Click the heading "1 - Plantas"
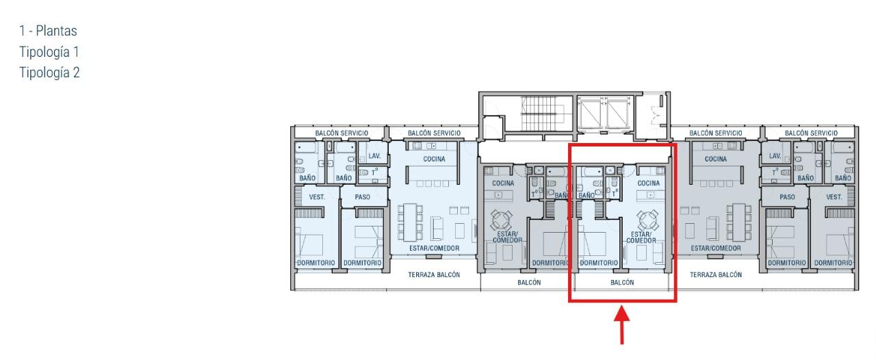click(x=48, y=31)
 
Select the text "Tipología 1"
click(x=49, y=52)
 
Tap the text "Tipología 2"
click(x=49, y=73)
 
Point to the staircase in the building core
click(x=539, y=113)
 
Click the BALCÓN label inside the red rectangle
click(x=622, y=282)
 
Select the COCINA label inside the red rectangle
click(x=648, y=183)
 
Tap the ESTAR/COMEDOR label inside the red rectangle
click(x=641, y=237)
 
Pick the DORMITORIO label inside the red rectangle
click(x=599, y=263)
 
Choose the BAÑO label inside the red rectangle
click(x=587, y=195)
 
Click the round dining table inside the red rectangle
click(x=647, y=220)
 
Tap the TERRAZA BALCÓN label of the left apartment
click(x=434, y=274)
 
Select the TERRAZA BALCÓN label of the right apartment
click(x=716, y=274)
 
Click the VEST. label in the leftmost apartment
click(x=317, y=197)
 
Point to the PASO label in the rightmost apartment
click(x=787, y=197)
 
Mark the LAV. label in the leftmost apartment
click(x=374, y=156)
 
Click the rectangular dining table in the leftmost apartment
click(x=410, y=222)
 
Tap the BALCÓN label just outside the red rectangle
click(x=529, y=282)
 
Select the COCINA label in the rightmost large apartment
click(x=716, y=159)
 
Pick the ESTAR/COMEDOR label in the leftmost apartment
click(x=434, y=248)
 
